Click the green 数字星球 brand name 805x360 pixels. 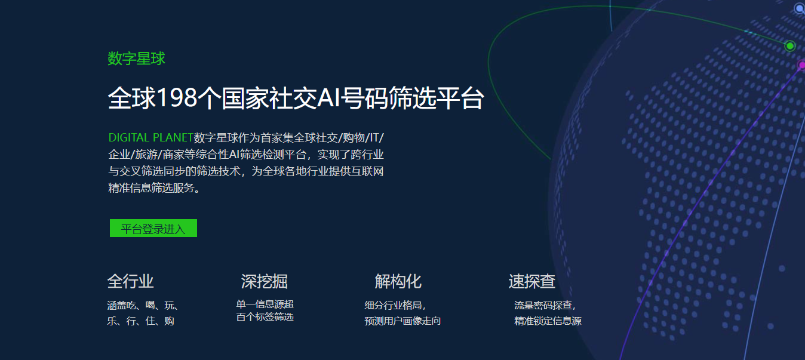[136, 59]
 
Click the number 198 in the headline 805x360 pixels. [177, 98]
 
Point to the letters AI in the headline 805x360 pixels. [328, 98]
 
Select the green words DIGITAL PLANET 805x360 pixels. [151, 137]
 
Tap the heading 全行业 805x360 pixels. [130, 281]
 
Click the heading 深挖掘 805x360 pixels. [264, 281]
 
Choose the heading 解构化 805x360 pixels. [398, 281]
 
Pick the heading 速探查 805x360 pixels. [532, 281]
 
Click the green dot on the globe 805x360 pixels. [790, 46]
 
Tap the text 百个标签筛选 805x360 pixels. [265, 317]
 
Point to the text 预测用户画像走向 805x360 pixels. [402, 321]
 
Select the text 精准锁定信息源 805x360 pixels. [548, 321]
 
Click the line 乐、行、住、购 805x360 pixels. [140, 321]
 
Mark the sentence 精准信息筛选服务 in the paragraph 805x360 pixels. [151, 188]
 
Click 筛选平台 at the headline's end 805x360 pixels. [437, 98]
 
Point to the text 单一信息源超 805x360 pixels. [265, 304]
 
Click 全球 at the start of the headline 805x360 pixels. [132, 98]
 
